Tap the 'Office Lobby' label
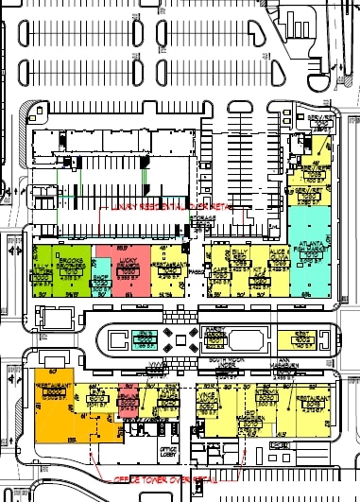(169, 451)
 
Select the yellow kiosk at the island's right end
(304, 338)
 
